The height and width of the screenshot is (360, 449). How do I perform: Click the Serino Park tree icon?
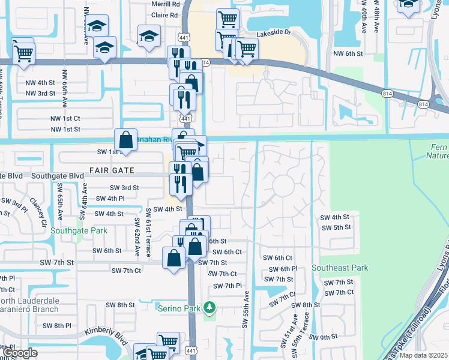click(x=209, y=307)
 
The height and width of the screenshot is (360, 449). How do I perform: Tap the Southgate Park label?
click(x=79, y=230)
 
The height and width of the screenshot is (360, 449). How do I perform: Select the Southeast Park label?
click(x=339, y=268)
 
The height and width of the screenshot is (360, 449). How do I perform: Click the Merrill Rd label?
click(x=149, y=4)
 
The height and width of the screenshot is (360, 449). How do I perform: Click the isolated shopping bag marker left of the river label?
click(x=126, y=140)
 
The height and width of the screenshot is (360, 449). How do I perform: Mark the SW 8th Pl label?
click(x=57, y=325)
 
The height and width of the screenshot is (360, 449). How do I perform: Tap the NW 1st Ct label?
click(x=65, y=119)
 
